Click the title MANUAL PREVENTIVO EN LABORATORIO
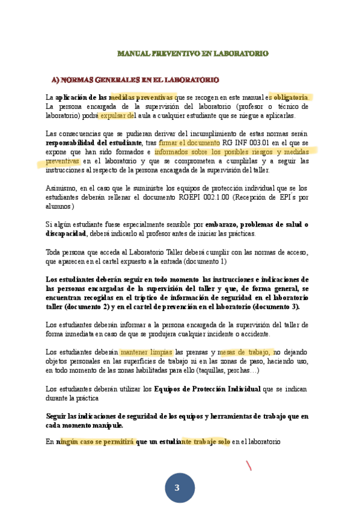tap(192, 54)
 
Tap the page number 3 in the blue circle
tap(177, 488)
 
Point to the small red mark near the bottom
tap(249, 465)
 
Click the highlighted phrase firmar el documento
tap(190, 143)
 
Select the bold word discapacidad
tap(66, 233)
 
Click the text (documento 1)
tap(205, 262)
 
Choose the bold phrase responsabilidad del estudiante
tap(94, 143)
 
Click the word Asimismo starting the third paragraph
tap(62, 188)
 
